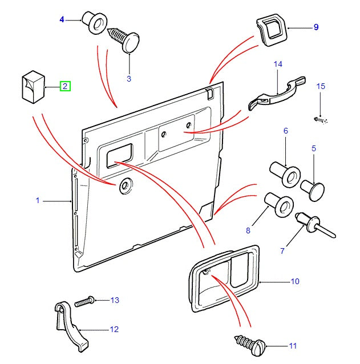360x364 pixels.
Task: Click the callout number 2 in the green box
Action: (65, 87)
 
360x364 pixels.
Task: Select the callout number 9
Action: (315, 27)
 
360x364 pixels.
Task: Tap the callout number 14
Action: (278, 64)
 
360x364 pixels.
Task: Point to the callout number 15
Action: (321, 87)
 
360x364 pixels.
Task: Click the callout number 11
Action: (293, 346)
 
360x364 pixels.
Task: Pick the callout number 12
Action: (114, 329)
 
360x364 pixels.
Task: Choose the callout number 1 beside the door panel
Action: (38, 201)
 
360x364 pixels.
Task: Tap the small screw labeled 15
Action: (320, 120)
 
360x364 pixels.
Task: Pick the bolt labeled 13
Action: (86, 300)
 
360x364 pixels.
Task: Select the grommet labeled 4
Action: (94, 22)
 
